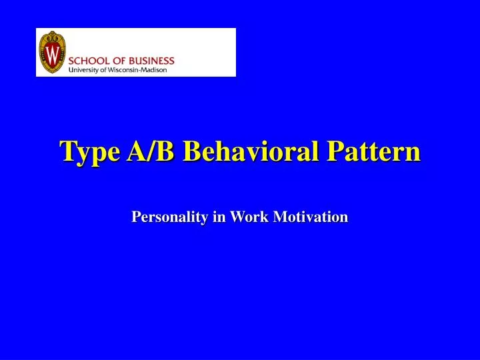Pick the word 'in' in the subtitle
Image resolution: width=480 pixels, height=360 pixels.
click(217, 217)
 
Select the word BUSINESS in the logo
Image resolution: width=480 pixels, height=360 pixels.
click(154, 61)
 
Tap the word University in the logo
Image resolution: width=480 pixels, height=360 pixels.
click(85, 69)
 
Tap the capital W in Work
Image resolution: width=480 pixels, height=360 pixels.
click(236, 217)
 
